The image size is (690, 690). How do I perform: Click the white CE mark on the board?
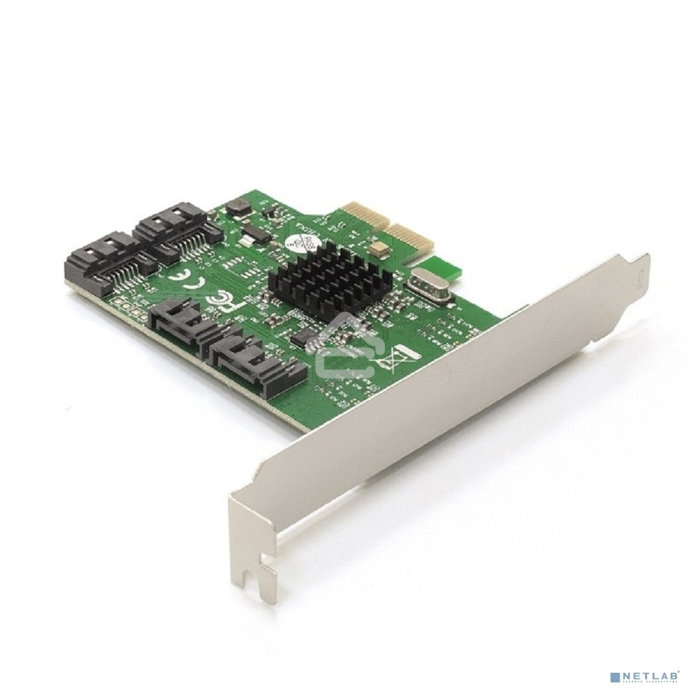pyautogui.click(x=171, y=283)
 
